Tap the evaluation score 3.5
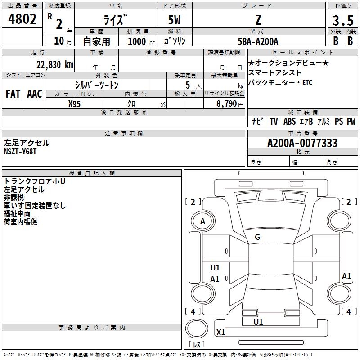(x=342, y=21)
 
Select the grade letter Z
(x=258, y=19)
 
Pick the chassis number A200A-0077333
(x=302, y=143)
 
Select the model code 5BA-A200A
(x=258, y=41)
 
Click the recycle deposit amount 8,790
(x=224, y=104)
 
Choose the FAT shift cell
(x=13, y=94)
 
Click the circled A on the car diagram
(x=202, y=221)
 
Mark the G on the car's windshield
(x=257, y=237)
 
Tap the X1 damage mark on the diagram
(x=221, y=333)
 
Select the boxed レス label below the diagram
(x=196, y=344)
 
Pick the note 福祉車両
(x=20, y=214)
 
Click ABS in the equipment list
(x=289, y=121)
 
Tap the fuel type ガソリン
(x=175, y=41)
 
